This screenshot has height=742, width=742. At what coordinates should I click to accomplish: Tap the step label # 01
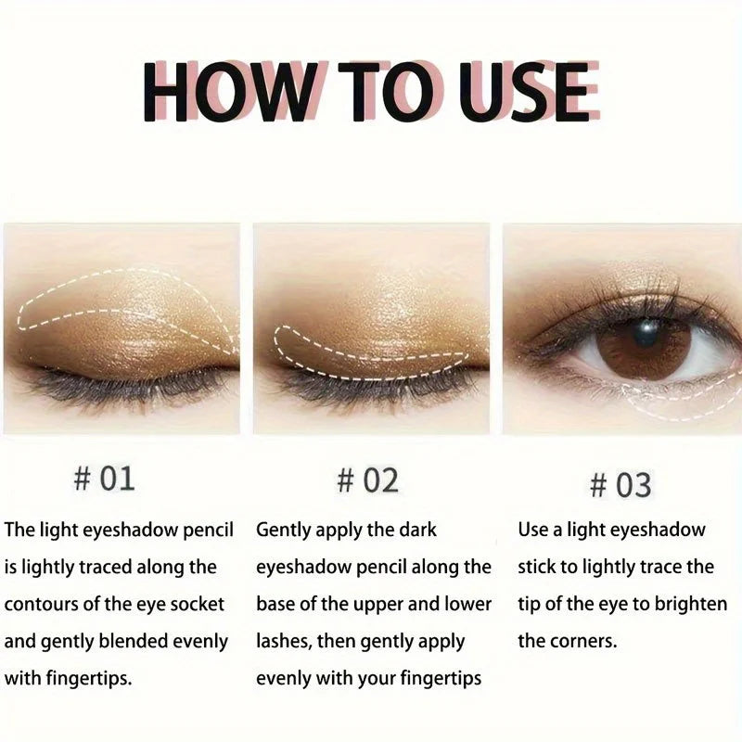(x=104, y=479)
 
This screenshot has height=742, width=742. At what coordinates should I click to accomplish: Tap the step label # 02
(x=367, y=480)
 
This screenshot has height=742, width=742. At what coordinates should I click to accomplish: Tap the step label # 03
(x=620, y=484)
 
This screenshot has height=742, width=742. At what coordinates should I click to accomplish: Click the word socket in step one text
(x=197, y=604)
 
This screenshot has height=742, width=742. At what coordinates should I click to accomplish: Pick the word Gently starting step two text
(x=285, y=530)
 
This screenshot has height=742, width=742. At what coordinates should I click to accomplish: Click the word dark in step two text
(x=416, y=530)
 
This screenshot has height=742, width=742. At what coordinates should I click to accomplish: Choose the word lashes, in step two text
(x=283, y=641)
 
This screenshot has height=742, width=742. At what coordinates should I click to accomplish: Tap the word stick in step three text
(x=540, y=567)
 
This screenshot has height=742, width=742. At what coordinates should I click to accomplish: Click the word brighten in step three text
(x=692, y=604)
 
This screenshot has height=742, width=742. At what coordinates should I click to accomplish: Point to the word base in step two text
(x=275, y=604)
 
